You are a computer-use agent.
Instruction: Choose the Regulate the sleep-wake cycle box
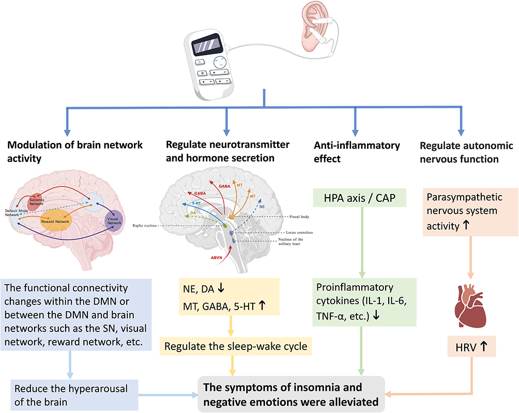[x=236, y=346]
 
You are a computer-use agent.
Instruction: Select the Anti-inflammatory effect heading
[x=356, y=152]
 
